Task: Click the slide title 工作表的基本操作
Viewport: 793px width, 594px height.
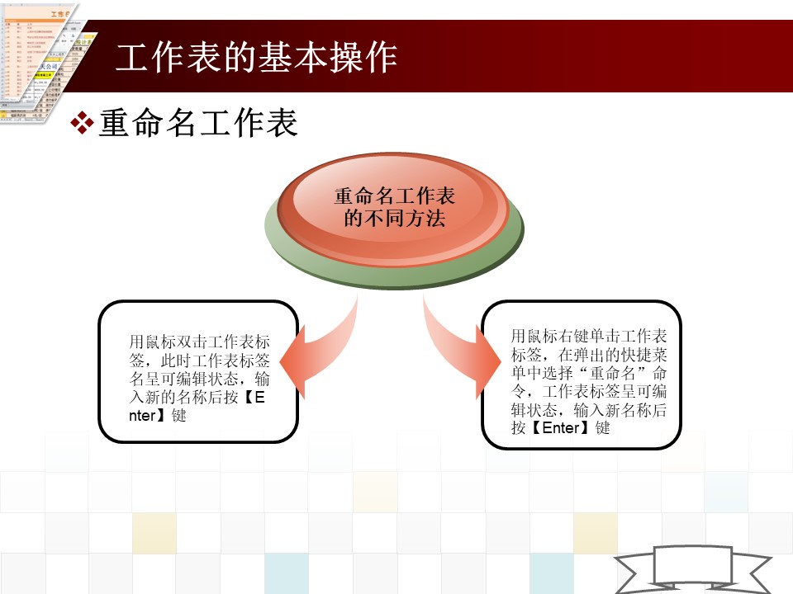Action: tap(256, 57)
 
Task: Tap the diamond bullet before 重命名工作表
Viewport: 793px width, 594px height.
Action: tap(82, 123)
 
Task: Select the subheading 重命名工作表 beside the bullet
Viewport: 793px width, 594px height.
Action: tap(198, 123)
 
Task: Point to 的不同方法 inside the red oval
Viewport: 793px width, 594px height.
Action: tap(395, 218)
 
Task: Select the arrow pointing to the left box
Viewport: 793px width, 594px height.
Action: tap(319, 348)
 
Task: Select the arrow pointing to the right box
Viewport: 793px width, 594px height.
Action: tap(460, 348)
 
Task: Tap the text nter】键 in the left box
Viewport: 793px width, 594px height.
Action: tap(158, 415)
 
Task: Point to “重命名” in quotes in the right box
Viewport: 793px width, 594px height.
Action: tap(612, 373)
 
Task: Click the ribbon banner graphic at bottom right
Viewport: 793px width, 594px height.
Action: tap(693, 570)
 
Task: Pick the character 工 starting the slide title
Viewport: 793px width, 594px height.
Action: tap(132, 57)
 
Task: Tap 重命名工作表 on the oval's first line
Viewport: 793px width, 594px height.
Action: tap(395, 196)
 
